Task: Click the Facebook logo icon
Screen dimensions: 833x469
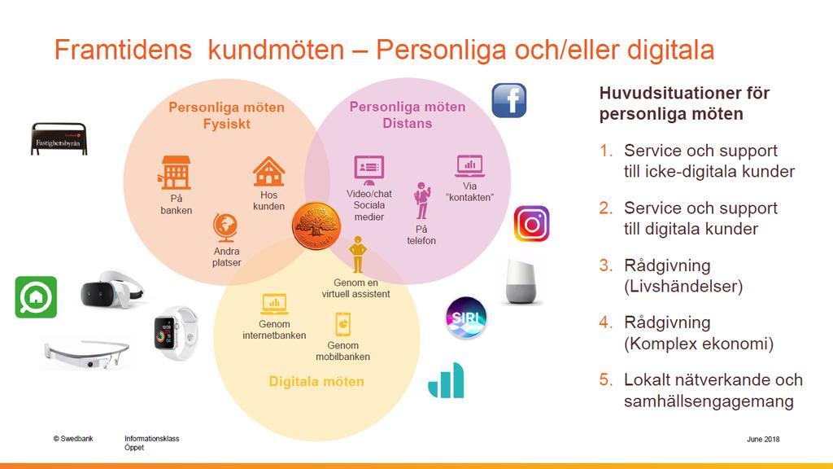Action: tap(509, 100)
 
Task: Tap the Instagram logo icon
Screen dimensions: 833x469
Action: tap(531, 224)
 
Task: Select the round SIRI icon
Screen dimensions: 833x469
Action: tap(466, 318)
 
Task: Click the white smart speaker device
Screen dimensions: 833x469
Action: tap(521, 282)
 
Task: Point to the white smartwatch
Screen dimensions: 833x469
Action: tap(175, 333)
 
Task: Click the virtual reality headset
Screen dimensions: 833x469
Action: tap(111, 290)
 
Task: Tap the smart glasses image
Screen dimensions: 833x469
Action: tap(86, 353)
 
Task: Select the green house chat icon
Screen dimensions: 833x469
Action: tap(36, 297)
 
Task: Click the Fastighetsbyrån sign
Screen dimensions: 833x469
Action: tap(59, 138)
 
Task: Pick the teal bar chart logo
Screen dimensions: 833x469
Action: tap(447, 381)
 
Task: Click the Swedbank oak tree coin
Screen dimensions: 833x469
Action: tap(316, 226)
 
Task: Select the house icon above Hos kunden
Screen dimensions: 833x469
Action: tap(268, 171)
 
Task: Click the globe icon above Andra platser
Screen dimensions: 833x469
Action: tap(225, 228)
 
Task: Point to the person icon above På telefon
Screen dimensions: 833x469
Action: tap(422, 201)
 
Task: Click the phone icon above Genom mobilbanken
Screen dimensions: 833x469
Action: tap(342, 324)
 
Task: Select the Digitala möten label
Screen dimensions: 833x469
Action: tap(316, 381)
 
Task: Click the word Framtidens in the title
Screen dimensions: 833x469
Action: tap(123, 50)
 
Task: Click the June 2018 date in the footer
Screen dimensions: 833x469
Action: tap(763, 439)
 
